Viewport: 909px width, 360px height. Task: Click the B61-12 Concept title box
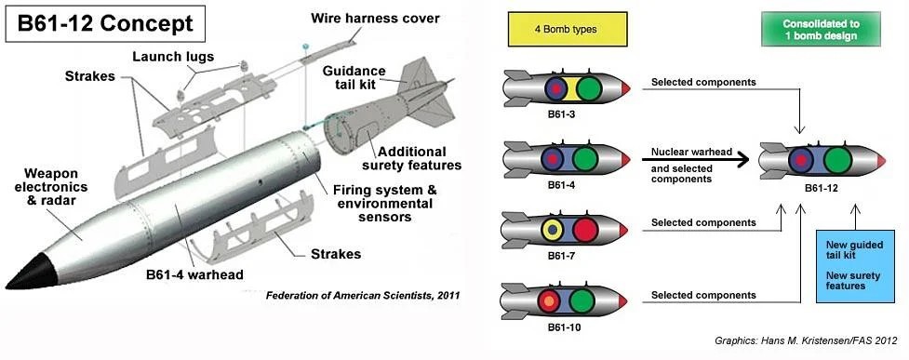(x=105, y=24)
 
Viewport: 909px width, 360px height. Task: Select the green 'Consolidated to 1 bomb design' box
(x=821, y=29)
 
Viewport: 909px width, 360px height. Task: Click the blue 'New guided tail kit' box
(x=854, y=266)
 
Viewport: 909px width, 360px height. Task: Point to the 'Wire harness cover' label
(x=375, y=18)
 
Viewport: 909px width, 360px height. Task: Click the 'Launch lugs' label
(x=173, y=57)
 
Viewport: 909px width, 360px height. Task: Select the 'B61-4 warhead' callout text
(x=194, y=274)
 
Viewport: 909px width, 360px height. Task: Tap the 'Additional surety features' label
(x=411, y=158)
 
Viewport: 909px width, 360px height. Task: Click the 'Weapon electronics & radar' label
(x=51, y=187)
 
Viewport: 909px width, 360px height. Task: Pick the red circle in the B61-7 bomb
(x=585, y=230)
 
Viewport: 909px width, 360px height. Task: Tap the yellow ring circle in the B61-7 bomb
(x=553, y=230)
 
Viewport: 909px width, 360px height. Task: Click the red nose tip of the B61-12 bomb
(x=881, y=160)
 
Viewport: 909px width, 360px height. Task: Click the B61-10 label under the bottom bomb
(x=564, y=327)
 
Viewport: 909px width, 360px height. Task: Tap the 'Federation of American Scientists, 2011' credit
(x=363, y=296)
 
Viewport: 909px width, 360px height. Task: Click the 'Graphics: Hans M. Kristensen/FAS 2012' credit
(x=806, y=340)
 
